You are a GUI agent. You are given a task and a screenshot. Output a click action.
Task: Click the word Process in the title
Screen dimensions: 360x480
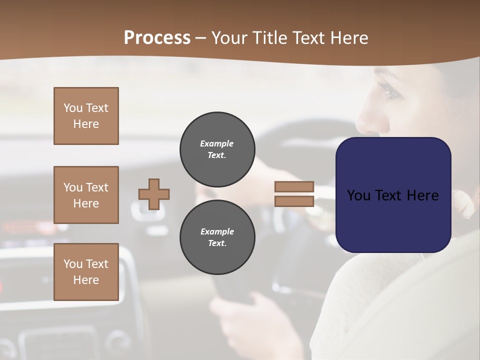[157, 37]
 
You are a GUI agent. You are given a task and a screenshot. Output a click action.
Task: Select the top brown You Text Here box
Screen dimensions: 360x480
[86, 116]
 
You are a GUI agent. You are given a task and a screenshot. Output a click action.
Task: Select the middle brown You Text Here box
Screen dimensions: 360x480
[86, 195]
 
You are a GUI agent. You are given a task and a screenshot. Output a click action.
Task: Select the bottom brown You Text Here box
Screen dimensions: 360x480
[86, 272]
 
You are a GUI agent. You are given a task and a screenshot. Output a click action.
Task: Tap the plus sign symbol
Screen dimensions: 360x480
[154, 194]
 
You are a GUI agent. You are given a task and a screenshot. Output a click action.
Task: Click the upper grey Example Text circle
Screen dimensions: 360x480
[217, 149]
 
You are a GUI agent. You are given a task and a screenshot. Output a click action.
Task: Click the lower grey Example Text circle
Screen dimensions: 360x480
[217, 237]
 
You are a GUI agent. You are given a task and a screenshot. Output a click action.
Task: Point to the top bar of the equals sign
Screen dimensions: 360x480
[294, 186]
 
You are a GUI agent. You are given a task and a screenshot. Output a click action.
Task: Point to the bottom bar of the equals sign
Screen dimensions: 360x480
[294, 201]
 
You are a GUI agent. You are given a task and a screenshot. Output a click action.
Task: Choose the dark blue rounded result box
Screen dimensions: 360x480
[393, 195]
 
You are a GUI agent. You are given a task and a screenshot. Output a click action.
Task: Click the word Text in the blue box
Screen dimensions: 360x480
[392, 195]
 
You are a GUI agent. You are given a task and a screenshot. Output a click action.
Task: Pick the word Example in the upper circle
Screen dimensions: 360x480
[217, 143]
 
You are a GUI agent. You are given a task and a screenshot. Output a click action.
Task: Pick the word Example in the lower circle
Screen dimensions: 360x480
[217, 231]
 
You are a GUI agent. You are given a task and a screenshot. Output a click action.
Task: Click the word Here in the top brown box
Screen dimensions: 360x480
[86, 124]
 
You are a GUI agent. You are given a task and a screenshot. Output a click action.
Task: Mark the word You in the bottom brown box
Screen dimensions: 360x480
[73, 264]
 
